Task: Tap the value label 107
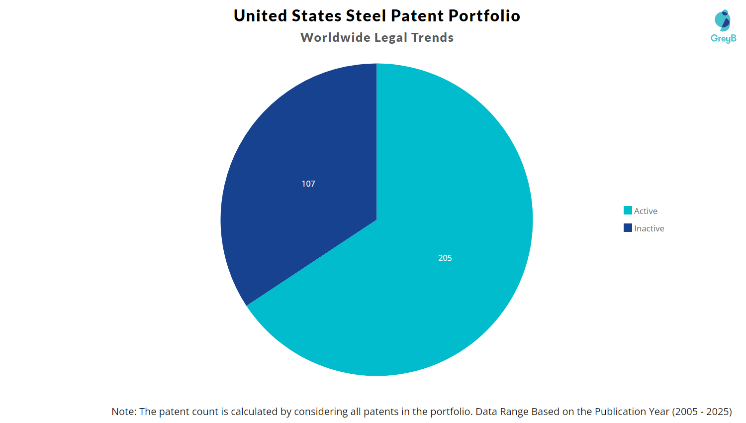pyautogui.click(x=308, y=184)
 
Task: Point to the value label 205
pyautogui.click(x=445, y=258)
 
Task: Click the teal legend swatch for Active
pyautogui.click(x=628, y=211)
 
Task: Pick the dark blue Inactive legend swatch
pyautogui.click(x=628, y=228)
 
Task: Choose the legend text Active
pyautogui.click(x=646, y=211)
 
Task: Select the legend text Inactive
pyautogui.click(x=649, y=228)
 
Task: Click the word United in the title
pyautogui.click(x=260, y=16)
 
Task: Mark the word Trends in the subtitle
pyautogui.click(x=432, y=38)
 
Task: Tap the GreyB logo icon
pyautogui.click(x=723, y=20)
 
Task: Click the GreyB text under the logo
pyautogui.click(x=723, y=38)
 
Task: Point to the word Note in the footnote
pyautogui.click(x=122, y=412)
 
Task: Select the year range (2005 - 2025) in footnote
pyautogui.click(x=702, y=412)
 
